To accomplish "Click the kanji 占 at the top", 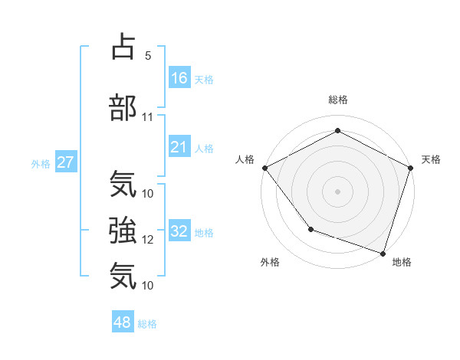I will click(123, 47).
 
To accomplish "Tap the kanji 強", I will click(123, 230).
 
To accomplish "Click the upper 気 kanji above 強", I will click(123, 185).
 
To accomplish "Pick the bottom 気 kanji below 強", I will click(123, 275).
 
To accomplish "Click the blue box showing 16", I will click(179, 78).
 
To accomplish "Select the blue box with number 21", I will click(179, 147).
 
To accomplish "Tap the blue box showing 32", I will click(179, 231).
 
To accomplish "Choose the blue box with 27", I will click(65, 162).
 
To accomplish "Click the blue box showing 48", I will click(123, 322).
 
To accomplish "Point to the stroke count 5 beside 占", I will click(148, 56).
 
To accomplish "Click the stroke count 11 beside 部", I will click(148, 117).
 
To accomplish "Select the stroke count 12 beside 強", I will click(148, 240).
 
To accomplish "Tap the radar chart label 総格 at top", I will click(338, 100).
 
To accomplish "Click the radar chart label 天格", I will click(431, 159).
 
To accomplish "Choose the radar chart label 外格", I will click(270, 262).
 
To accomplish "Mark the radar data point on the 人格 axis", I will click(264, 167).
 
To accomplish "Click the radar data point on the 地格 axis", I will click(383, 253).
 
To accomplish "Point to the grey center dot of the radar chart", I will click(338, 191).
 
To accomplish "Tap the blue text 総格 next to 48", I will click(147, 323).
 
